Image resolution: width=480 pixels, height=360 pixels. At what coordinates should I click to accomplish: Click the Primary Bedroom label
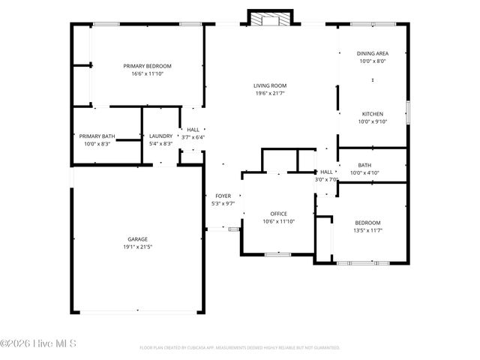(x=147, y=66)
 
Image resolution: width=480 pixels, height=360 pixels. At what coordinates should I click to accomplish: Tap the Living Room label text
(x=269, y=85)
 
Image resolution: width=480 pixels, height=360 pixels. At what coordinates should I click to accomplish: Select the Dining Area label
(x=372, y=53)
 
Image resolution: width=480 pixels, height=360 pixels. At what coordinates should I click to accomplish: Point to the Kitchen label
(x=372, y=113)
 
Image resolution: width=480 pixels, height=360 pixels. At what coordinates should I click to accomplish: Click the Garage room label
(x=136, y=239)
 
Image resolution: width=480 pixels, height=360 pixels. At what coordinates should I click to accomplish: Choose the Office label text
(x=279, y=213)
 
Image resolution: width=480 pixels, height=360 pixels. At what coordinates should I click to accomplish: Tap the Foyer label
(x=223, y=195)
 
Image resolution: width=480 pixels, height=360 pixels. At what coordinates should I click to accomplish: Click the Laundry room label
(x=161, y=136)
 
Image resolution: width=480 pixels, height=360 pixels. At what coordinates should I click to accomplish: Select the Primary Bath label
(x=97, y=136)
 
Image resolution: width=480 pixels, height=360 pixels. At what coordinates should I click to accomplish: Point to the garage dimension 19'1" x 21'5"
(x=136, y=247)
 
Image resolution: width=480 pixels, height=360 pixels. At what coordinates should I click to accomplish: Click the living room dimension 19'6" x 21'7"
(x=269, y=94)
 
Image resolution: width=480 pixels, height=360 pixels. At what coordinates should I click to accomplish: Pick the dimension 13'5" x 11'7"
(x=367, y=230)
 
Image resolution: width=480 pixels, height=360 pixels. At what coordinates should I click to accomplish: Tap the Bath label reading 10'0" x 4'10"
(x=364, y=173)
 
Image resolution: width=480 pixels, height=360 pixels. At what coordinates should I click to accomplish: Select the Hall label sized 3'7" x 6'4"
(x=193, y=137)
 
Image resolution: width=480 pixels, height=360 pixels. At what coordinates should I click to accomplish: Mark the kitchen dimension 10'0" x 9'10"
(x=372, y=121)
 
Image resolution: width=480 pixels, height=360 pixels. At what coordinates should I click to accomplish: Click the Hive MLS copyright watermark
(x=38, y=344)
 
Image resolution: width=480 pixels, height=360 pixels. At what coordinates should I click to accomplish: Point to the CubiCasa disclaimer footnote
(x=239, y=348)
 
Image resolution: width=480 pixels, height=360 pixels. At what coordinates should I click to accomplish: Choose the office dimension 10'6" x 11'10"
(x=279, y=221)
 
